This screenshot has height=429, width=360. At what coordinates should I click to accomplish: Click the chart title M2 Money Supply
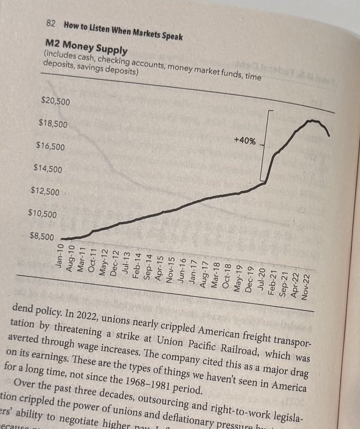[86, 47]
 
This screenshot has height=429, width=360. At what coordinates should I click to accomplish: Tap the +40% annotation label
[245, 140]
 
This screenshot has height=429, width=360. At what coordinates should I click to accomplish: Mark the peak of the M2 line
[313, 120]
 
